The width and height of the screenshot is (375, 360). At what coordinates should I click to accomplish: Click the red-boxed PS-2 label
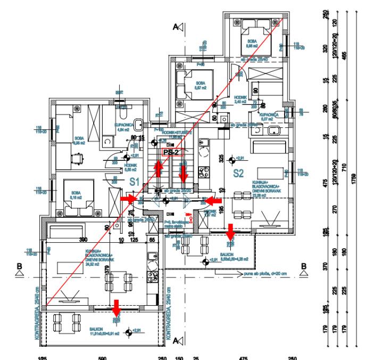[171, 152]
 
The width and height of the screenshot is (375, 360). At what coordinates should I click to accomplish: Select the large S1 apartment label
[136, 183]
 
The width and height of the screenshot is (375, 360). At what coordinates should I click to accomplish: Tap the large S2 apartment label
[237, 173]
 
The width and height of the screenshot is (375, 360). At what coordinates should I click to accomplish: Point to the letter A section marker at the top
[182, 27]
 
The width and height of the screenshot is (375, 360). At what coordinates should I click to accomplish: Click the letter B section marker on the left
[19, 269]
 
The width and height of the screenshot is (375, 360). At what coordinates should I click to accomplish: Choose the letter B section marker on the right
[304, 269]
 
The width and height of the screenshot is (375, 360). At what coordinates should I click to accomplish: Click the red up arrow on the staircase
[158, 169]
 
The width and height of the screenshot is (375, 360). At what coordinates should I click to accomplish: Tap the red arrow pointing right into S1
[128, 199]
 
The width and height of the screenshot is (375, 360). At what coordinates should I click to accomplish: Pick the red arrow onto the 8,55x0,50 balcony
[230, 231]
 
